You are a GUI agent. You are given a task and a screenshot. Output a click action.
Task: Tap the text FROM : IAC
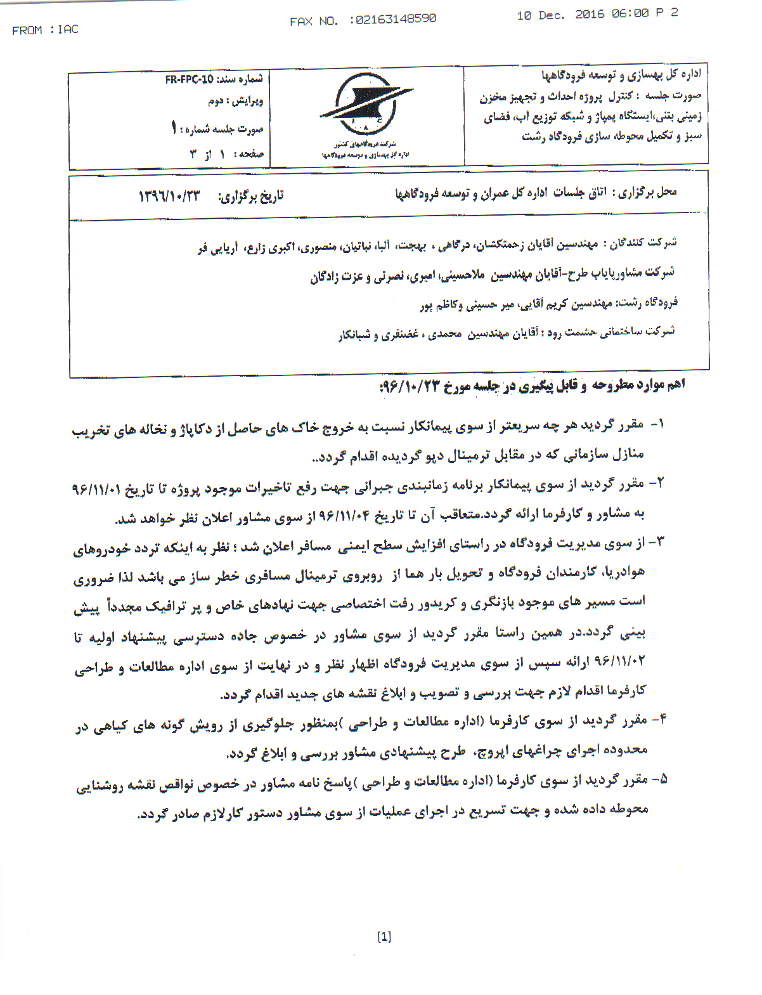click(x=45, y=30)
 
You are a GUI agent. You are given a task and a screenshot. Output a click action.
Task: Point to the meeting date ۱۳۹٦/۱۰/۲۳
click(x=169, y=196)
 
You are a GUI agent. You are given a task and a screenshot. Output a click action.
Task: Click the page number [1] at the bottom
click(x=384, y=937)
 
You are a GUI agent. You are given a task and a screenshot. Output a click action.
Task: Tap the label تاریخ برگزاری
click(x=251, y=196)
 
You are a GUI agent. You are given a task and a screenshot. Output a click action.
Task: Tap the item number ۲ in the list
click(x=657, y=484)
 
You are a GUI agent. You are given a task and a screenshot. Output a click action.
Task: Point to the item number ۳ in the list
click(x=658, y=543)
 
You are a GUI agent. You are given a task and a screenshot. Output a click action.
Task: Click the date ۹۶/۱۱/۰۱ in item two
click(x=94, y=489)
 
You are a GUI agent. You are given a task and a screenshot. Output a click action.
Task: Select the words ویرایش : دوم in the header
click(x=235, y=101)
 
